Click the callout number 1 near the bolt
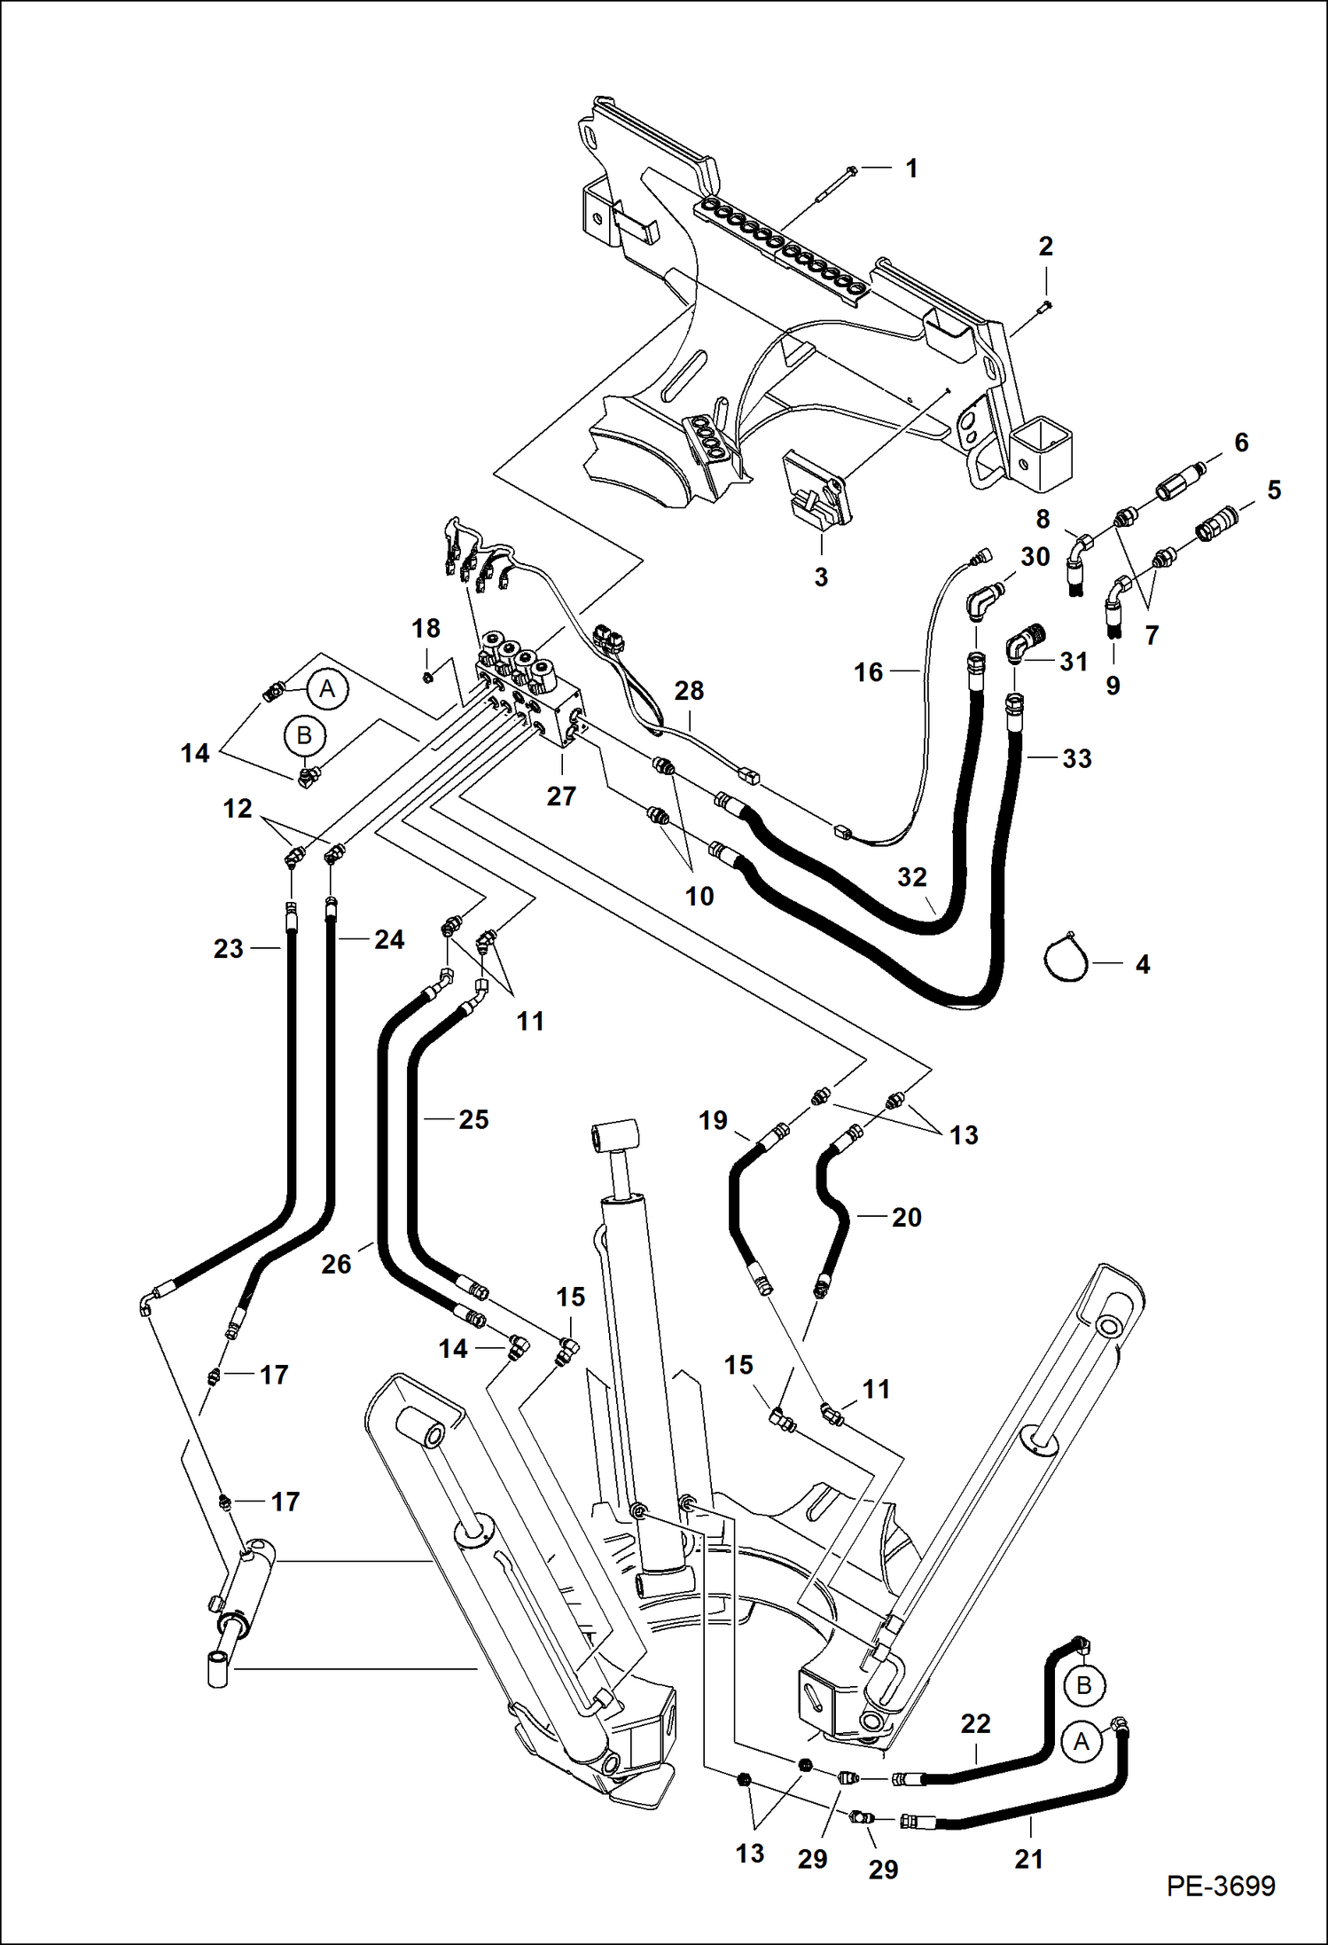click(x=911, y=169)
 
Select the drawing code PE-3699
click(x=1221, y=1886)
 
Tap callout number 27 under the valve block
click(x=561, y=796)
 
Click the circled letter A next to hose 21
click(x=1081, y=1742)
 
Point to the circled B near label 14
click(x=304, y=736)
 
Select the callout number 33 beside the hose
click(x=1077, y=758)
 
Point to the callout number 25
click(x=473, y=1119)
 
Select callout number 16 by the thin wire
click(x=869, y=672)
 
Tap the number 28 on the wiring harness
click(x=689, y=691)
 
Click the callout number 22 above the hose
click(x=975, y=1723)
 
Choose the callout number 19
click(x=713, y=1120)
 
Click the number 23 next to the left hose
click(x=229, y=949)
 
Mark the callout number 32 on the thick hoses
click(x=911, y=877)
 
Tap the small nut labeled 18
click(x=426, y=678)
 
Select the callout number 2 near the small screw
click(x=1045, y=247)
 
